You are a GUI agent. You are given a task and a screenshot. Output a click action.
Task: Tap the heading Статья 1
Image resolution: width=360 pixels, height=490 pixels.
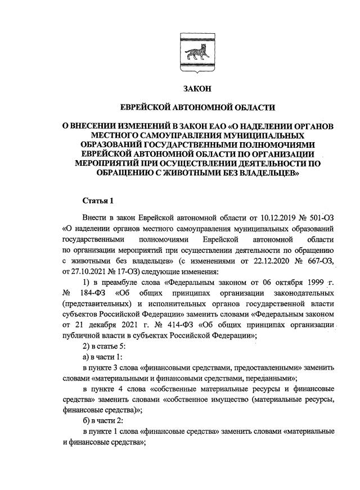[x=98, y=200]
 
